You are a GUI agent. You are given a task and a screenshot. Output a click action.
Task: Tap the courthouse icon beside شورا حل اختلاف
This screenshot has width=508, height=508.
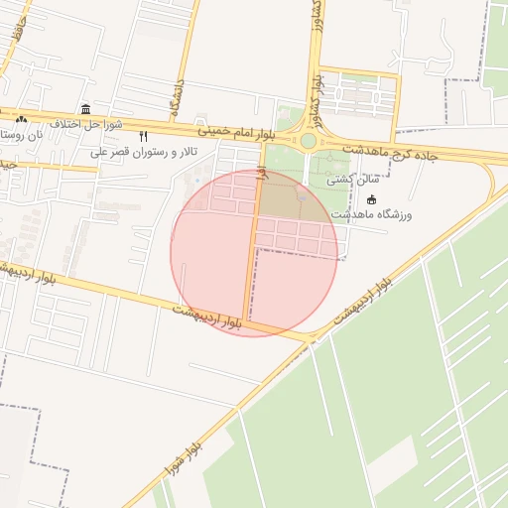click(86, 109)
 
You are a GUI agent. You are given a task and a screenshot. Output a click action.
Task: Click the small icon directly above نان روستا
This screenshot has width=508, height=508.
click(21, 119)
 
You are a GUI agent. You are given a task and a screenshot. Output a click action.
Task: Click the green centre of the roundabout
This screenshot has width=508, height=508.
click(309, 141)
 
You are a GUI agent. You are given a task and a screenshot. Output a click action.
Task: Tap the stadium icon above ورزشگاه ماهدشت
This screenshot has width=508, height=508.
click(371, 197)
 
